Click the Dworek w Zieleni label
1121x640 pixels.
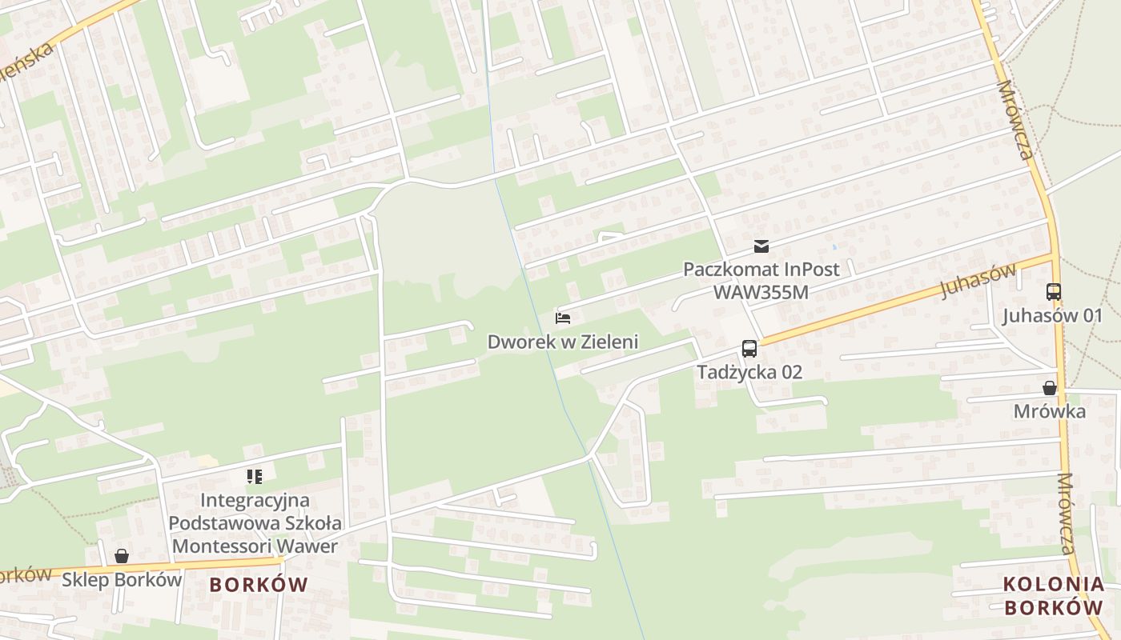click(562, 342)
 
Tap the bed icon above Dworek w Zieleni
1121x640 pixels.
click(563, 318)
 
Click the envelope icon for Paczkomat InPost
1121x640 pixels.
click(761, 246)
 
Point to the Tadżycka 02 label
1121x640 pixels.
click(749, 372)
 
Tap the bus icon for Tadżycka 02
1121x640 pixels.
click(749, 349)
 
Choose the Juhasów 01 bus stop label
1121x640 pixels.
click(1052, 315)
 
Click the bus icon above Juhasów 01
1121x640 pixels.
click(1054, 292)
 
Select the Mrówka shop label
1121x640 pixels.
click(1049, 411)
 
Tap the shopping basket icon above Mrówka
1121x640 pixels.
click(1049, 389)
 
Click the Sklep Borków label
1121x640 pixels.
click(123, 579)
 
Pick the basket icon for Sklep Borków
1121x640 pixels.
click(122, 556)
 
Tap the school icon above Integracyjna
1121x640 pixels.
click(255, 478)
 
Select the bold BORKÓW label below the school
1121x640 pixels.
click(259, 585)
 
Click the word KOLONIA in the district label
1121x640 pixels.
click(1053, 585)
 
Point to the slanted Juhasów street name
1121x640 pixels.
click(977, 280)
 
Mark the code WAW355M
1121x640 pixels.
click(761, 291)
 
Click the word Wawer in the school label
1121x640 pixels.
click(311, 546)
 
